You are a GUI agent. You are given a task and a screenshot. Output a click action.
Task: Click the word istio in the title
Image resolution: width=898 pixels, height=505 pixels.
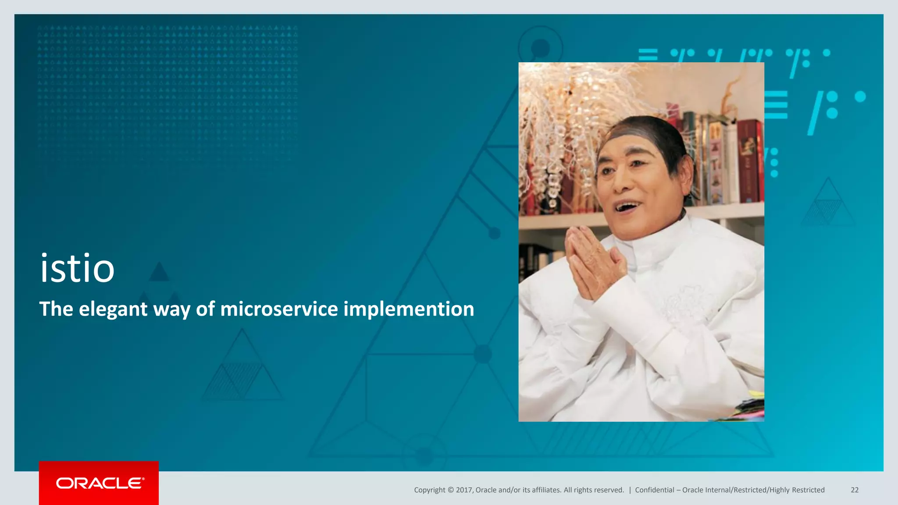(x=77, y=268)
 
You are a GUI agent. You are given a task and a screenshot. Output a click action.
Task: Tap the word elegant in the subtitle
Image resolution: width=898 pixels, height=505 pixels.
(x=113, y=309)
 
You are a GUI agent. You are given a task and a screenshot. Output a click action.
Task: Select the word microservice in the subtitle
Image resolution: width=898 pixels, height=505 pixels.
(x=279, y=309)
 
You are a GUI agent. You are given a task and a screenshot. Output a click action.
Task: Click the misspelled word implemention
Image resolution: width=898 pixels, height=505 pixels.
(x=409, y=309)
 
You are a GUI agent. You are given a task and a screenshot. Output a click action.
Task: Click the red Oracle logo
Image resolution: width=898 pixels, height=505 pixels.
(x=99, y=483)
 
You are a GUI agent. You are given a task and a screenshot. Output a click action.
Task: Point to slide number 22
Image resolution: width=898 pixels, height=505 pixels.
(x=855, y=490)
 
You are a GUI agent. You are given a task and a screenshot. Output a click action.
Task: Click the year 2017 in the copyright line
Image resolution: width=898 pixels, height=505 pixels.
(x=464, y=490)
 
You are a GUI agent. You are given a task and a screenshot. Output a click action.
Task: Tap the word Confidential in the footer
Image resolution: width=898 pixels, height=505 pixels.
(x=654, y=490)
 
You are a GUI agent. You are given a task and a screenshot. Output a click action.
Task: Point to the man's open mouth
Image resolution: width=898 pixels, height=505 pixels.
(x=627, y=206)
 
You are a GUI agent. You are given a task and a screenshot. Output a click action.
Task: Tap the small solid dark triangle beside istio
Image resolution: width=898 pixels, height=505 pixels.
(x=159, y=273)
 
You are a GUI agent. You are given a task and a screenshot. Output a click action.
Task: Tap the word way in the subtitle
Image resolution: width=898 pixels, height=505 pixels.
(x=171, y=309)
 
